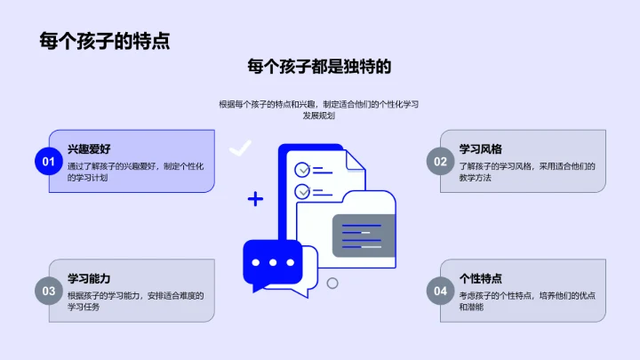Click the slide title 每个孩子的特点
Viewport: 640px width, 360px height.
pos(105,41)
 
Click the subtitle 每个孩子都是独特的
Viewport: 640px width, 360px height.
pos(319,67)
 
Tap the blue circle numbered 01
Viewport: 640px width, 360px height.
pos(46,161)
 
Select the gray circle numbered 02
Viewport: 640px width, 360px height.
pos(439,161)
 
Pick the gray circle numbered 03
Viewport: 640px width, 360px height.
pos(46,291)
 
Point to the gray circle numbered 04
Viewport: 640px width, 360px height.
pos(439,291)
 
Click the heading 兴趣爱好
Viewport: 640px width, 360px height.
pos(89,148)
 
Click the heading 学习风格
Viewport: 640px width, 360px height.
pos(480,148)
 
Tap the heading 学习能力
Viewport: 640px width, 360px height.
pos(89,278)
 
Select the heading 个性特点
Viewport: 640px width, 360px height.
pos(480,278)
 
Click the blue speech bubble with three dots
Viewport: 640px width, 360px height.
pos(273,264)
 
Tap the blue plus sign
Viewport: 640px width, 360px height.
pos(255,199)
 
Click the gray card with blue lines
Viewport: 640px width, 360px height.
pos(363,234)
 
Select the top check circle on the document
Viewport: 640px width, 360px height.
pos(302,168)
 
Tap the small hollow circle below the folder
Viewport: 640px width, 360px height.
pos(332,284)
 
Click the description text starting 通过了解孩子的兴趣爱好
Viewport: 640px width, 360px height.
pos(135,172)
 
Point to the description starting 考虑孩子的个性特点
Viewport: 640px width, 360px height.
pos(525,301)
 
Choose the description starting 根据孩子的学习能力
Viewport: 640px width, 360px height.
pos(135,301)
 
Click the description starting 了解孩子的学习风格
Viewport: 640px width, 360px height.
pos(525,172)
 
